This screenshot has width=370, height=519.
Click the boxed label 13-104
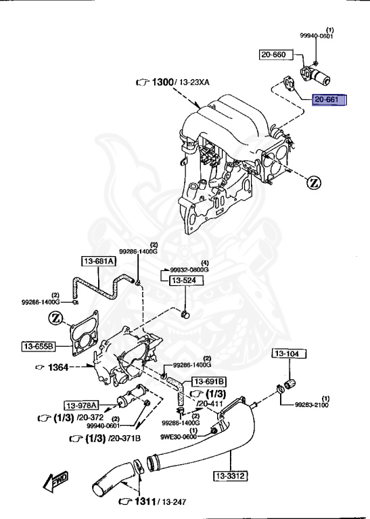290,353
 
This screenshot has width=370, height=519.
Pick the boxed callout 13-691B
209,381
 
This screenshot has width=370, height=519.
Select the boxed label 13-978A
82,405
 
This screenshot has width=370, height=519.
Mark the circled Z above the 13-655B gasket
57,318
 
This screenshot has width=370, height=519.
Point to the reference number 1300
162,82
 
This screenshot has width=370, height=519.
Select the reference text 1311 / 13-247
156,501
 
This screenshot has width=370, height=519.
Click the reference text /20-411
210,403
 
